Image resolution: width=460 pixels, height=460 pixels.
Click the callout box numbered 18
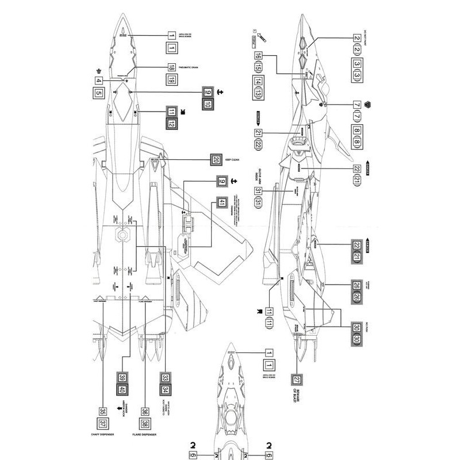171,67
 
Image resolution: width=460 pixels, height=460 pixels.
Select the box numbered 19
171,80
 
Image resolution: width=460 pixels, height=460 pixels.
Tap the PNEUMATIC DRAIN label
199,67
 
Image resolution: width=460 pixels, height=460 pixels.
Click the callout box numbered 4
99,80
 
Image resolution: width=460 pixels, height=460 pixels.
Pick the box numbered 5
99,93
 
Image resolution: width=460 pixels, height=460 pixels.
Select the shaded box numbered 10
208,105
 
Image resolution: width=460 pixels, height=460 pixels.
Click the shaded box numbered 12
171,124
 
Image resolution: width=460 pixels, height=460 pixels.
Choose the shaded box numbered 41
221,202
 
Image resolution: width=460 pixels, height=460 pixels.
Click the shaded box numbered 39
122,378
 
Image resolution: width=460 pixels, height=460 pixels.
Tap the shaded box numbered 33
166,378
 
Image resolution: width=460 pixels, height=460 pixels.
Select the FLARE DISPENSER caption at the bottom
145,435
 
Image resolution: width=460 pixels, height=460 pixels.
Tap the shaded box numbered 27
297,379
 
